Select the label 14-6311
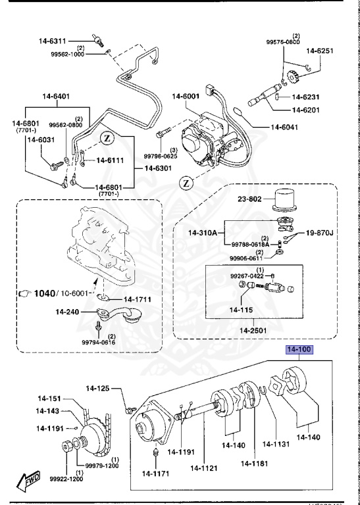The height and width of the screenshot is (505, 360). click(x=59, y=41)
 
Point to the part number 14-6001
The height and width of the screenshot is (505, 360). click(x=186, y=97)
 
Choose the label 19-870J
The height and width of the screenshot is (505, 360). click(x=319, y=233)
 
